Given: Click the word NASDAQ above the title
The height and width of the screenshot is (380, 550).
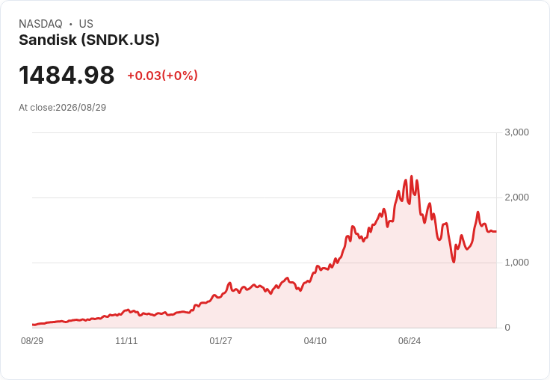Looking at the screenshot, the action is tap(40, 24).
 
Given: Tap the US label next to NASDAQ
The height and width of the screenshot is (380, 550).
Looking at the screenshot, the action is tap(86, 24).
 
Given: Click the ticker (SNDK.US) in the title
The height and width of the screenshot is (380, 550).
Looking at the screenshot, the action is tap(120, 40).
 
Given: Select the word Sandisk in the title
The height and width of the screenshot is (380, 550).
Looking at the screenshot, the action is tap(48, 40).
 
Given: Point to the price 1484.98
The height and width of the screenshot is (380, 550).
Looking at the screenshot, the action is tap(67, 75).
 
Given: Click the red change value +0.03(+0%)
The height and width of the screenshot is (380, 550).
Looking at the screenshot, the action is tap(162, 76).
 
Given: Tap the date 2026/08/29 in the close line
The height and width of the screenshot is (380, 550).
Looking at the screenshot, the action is tap(81, 108).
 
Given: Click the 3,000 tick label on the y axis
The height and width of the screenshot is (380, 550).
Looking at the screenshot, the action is tap(516, 132).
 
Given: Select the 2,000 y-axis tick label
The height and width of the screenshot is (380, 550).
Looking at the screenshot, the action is tap(516, 197).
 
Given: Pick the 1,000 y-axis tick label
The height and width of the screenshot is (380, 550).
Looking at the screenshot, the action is tap(516, 263).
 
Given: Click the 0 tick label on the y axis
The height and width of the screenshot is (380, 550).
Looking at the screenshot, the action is tap(507, 328).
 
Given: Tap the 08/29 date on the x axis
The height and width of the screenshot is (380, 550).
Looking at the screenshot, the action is tap(32, 341).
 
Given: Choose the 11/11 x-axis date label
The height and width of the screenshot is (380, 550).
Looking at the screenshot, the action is tap(126, 341).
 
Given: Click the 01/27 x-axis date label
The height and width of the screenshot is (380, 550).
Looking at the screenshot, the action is tap(220, 341).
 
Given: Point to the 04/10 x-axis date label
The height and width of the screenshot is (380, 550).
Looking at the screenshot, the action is tap(315, 341).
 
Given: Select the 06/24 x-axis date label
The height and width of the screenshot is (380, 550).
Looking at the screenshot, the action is tap(410, 341).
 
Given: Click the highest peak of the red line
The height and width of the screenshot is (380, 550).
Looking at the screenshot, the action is tap(412, 177).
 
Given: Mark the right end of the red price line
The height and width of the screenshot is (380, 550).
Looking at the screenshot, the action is tap(496, 231).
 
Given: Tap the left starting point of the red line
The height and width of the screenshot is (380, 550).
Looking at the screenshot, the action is tap(33, 325).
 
